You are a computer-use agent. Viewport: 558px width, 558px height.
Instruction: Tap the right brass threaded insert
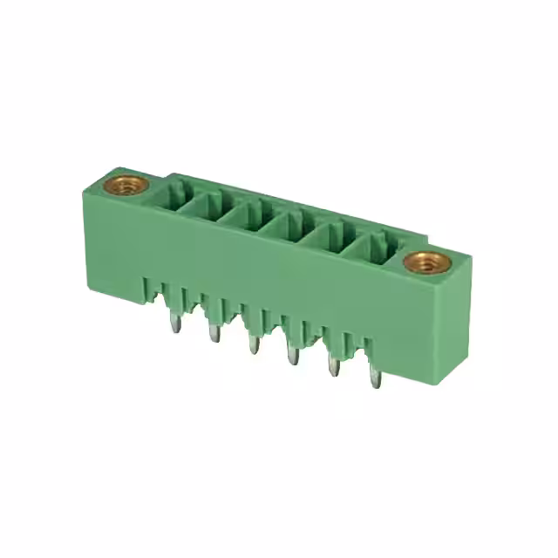coord(424,261)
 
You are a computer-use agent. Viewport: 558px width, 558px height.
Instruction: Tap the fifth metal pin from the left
coord(334,369)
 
